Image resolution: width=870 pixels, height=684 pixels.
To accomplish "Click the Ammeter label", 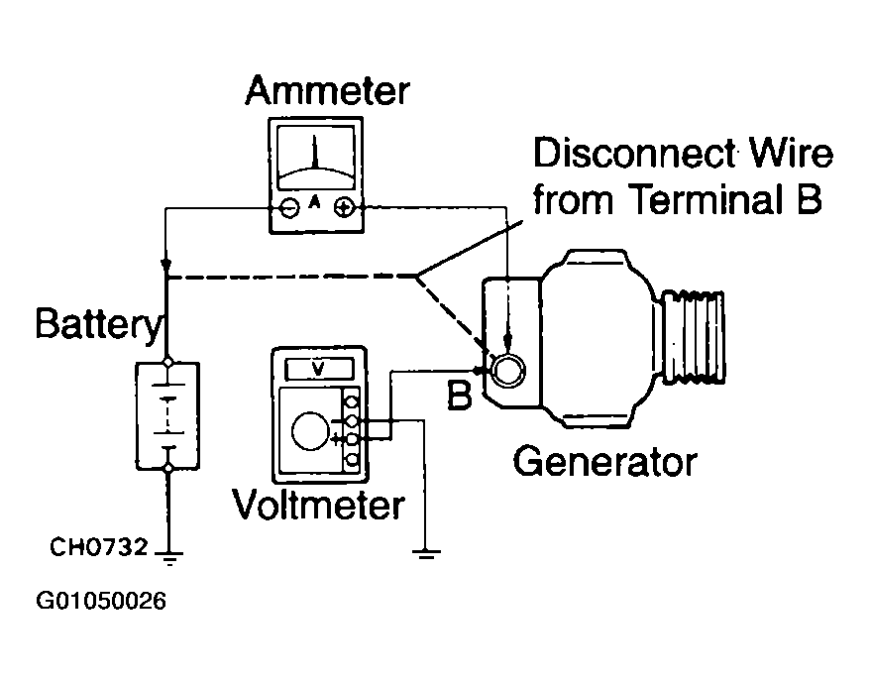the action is tap(327, 91).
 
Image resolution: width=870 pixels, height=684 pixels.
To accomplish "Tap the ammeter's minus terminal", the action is tap(288, 207).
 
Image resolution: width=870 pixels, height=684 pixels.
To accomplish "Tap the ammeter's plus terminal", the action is tap(344, 207).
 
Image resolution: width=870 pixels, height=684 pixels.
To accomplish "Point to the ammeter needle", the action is tap(314, 152).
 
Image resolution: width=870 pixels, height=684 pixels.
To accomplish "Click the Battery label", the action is tap(99, 324).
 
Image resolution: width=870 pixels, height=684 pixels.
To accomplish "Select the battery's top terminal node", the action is tap(168, 362).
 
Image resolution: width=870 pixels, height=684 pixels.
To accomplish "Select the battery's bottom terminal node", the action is tap(168, 468).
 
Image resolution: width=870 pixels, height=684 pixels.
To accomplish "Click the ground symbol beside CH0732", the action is tap(168, 558).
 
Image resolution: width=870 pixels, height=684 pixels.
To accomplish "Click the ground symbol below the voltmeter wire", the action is tap(425, 554).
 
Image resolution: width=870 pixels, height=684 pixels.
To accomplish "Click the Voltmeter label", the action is tap(318, 505).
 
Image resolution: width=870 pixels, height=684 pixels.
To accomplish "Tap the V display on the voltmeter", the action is tap(318, 369).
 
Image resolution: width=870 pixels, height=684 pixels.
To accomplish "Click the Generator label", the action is tap(604, 462).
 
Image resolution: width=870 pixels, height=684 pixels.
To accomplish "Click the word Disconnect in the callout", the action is tap(635, 154).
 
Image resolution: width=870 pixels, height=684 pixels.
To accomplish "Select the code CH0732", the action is tap(99, 547).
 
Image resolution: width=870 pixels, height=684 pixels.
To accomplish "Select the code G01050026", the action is tap(100, 601).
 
